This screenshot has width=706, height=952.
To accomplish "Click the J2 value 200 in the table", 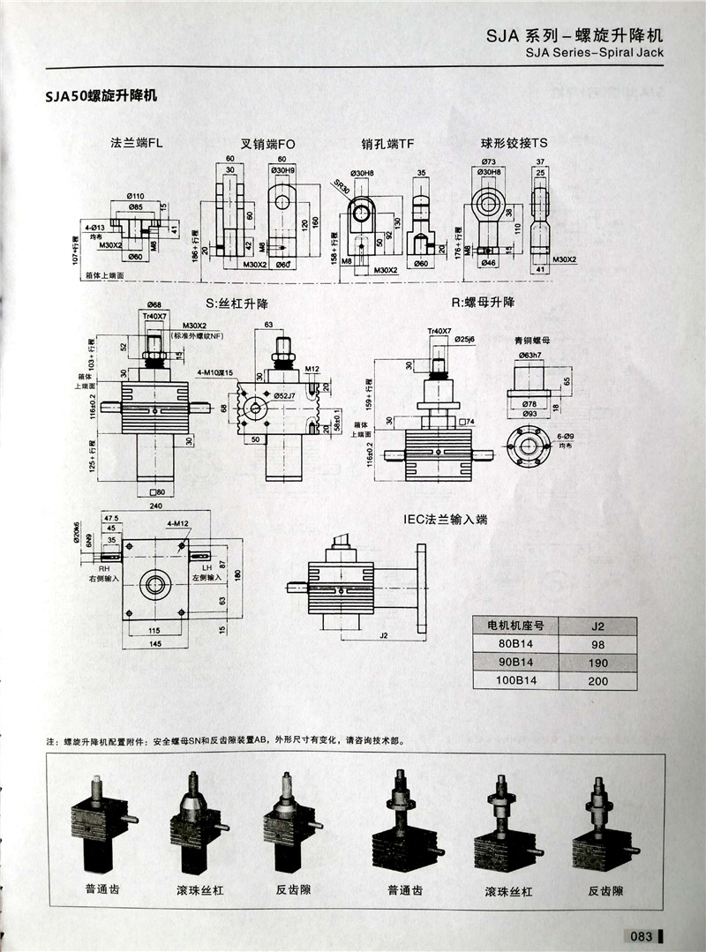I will point(597,680).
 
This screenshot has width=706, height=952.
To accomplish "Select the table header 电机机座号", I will point(515,626).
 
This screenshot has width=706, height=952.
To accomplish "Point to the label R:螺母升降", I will point(483,303).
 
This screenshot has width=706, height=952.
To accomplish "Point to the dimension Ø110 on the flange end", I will point(136,196).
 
